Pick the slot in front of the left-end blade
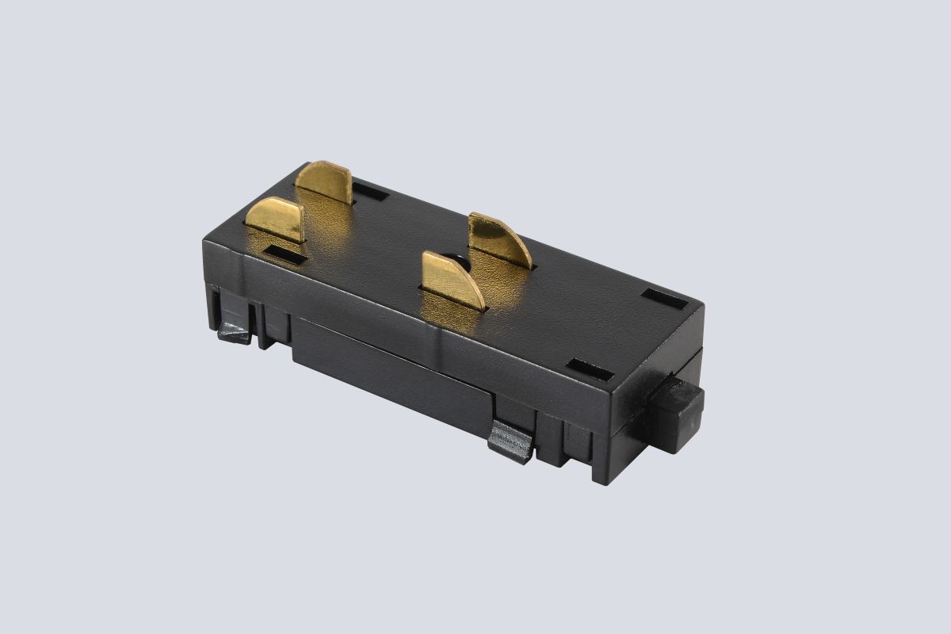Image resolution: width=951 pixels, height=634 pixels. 285,254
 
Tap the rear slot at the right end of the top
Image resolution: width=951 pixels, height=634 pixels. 665,298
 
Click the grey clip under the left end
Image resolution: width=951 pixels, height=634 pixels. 235,332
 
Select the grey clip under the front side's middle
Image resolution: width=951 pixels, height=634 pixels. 510,441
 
